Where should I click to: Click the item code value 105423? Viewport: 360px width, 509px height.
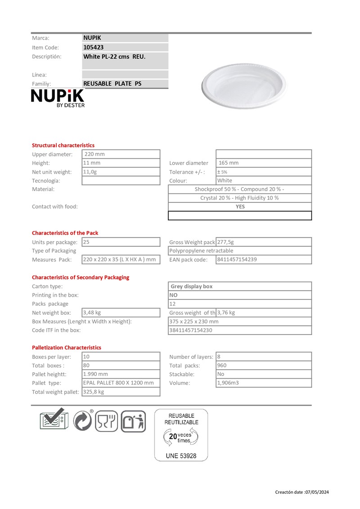pos(94,47)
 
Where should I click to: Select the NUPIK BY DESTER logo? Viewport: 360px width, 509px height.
pos(57,98)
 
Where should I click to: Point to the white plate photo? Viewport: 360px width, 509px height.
pos(243,85)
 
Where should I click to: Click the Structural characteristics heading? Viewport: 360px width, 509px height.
pos(63,145)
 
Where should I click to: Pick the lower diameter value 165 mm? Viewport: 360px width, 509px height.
pos(229,163)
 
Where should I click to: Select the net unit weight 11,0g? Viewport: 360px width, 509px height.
pos(90,172)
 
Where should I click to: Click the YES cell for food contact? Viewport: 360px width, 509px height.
pos(240,207)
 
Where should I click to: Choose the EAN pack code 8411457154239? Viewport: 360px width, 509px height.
pos(237,259)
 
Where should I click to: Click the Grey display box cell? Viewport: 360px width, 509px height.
pos(192,286)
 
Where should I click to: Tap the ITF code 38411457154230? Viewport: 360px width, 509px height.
pos(191,330)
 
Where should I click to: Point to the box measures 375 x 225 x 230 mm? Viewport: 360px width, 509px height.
pos(194,321)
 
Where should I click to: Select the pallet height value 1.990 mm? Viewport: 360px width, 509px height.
pos(95,374)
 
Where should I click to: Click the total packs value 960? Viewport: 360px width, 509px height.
pos(223,366)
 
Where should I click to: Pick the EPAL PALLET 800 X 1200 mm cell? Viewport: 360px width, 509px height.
pos(118,383)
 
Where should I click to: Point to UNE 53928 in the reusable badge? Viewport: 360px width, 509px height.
pos(181,455)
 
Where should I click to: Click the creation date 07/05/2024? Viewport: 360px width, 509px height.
pos(316,492)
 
